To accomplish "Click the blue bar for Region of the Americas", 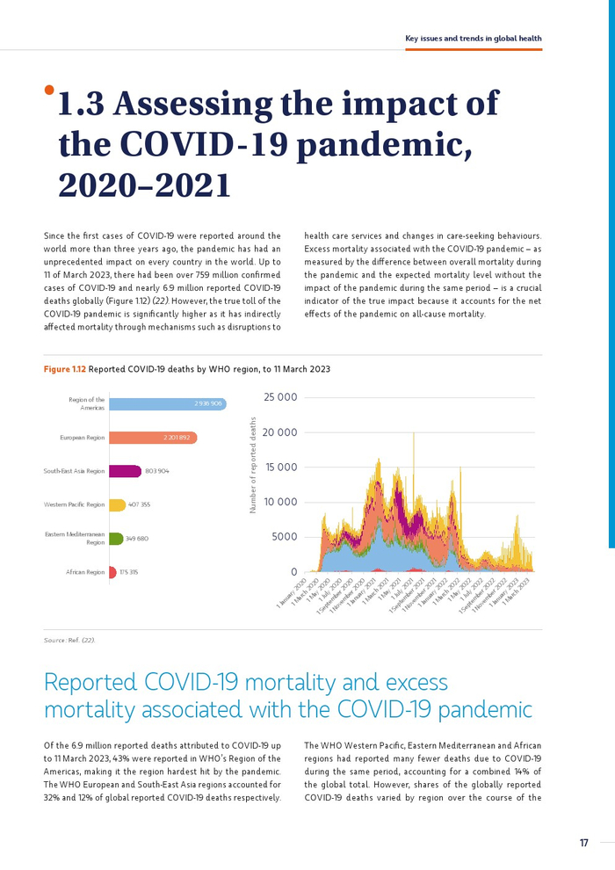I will point(167,403).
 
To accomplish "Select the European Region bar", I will point(153,437).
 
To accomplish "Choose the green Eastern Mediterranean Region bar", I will point(115,538).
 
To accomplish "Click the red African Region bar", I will point(112,572).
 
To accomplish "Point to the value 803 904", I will point(156,471).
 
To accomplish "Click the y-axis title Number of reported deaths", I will point(253,466).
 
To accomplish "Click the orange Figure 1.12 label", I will point(64,368).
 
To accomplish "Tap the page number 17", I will point(583,843).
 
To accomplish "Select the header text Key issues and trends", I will point(473,39).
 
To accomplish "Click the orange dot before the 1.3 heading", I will point(49,90).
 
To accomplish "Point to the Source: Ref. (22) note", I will point(69,641).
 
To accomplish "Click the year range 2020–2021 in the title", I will point(143,185).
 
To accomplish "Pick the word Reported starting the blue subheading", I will point(90,682).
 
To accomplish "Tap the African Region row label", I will point(85,572).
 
